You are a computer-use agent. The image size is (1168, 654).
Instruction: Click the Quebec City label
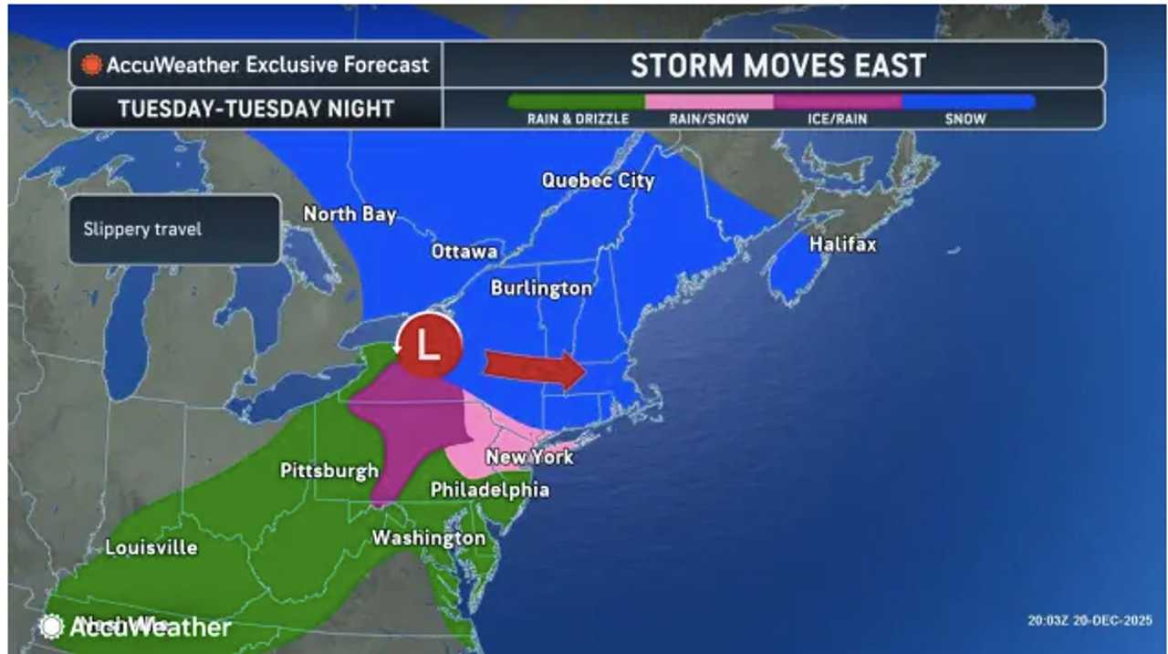(x=598, y=181)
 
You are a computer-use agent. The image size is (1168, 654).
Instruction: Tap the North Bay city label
(x=349, y=214)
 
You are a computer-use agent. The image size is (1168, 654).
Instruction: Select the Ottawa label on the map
(x=464, y=252)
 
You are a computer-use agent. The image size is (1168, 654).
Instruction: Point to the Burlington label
(x=541, y=288)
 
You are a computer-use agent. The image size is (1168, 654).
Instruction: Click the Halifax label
(x=843, y=244)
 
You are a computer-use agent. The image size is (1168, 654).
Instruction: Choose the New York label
(x=529, y=457)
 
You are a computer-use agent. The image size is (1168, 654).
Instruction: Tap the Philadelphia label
(x=490, y=491)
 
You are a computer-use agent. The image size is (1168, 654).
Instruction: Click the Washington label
(x=428, y=538)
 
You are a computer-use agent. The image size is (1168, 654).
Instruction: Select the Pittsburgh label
(x=329, y=472)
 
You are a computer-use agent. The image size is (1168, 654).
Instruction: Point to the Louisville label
(x=151, y=548)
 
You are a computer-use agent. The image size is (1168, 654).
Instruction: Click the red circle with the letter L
(x=427, y=346)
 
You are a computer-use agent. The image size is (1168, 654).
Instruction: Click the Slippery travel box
(x=174, y=229)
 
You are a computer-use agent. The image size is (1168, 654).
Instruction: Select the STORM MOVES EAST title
(x=777, y=66)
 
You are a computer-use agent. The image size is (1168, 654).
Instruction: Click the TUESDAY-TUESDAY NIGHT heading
(x=255, y=109)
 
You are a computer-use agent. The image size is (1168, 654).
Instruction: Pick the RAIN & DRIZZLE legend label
(x=578, y=119)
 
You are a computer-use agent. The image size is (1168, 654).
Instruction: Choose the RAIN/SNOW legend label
(x=708, y=119)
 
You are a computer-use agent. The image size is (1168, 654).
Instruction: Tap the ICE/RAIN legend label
(x=837, y=119)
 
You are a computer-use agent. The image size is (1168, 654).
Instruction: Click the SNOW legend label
(x=965, y=119)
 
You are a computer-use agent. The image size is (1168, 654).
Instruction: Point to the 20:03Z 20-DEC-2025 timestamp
(x=1090, y=619)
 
